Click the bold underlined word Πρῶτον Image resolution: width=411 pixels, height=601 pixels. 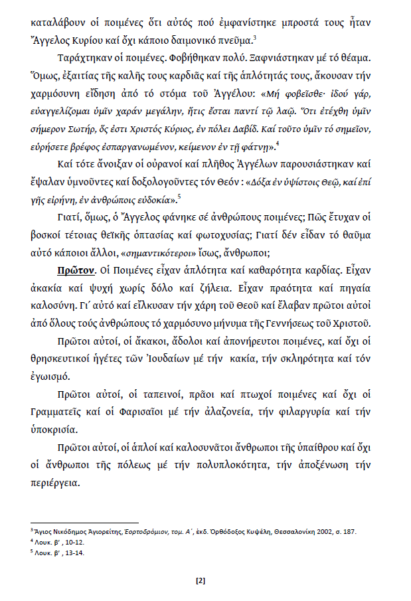tap(80, 272)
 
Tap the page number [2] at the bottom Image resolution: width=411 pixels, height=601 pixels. tap(200, 581)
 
